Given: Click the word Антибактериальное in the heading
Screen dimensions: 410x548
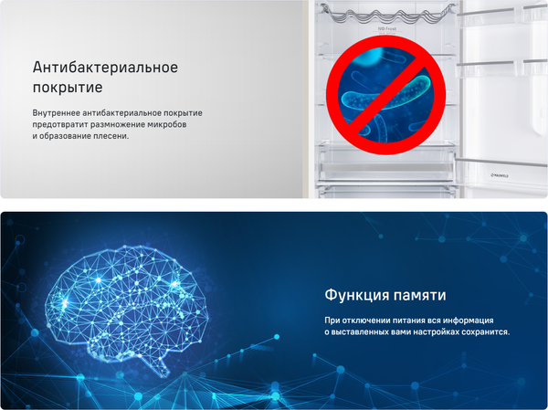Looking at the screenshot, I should (x=105, y=69).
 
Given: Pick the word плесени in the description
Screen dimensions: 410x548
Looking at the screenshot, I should (x=108, y=136).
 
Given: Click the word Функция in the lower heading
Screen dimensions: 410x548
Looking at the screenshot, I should (x=356, y=297).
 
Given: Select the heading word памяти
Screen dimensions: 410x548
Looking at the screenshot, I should (x=420, y=297).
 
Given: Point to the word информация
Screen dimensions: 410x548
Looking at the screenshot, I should (x=469, y=321).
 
